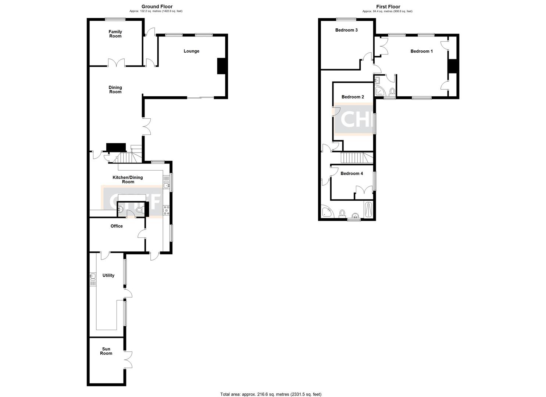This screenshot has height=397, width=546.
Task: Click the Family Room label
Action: tap(115, 34)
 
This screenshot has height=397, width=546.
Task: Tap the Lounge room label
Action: tap(191, 51)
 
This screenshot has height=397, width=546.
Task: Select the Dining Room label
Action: tap(115, 90)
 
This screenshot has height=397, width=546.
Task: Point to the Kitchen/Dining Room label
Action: tap(128, 179)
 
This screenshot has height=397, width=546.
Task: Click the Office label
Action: tap(117, 226)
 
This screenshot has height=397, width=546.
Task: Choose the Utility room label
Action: tap(108, 275)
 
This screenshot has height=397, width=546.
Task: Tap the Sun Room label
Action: tap(106, 351)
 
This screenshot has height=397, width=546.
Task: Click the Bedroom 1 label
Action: tap(421, 51)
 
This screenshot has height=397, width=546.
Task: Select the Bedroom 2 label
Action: tap(353, 97)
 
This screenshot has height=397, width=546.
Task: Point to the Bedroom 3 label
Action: tap(346, 30)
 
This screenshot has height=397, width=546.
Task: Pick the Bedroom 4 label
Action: tap(351, 174)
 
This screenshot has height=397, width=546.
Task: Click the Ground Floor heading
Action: tap(157, 7)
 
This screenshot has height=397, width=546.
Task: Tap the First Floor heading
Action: tap(388, 7)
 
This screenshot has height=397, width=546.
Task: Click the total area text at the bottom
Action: tap(271, 394)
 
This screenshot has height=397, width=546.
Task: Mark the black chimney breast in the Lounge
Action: tap(221, 66)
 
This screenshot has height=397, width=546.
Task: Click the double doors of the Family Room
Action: tap(117, 63)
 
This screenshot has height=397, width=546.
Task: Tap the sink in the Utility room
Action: tap(92, 276)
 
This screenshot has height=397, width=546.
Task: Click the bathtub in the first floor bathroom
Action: tap(368, 210)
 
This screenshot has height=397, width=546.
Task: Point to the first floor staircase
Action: tap(353, 158)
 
